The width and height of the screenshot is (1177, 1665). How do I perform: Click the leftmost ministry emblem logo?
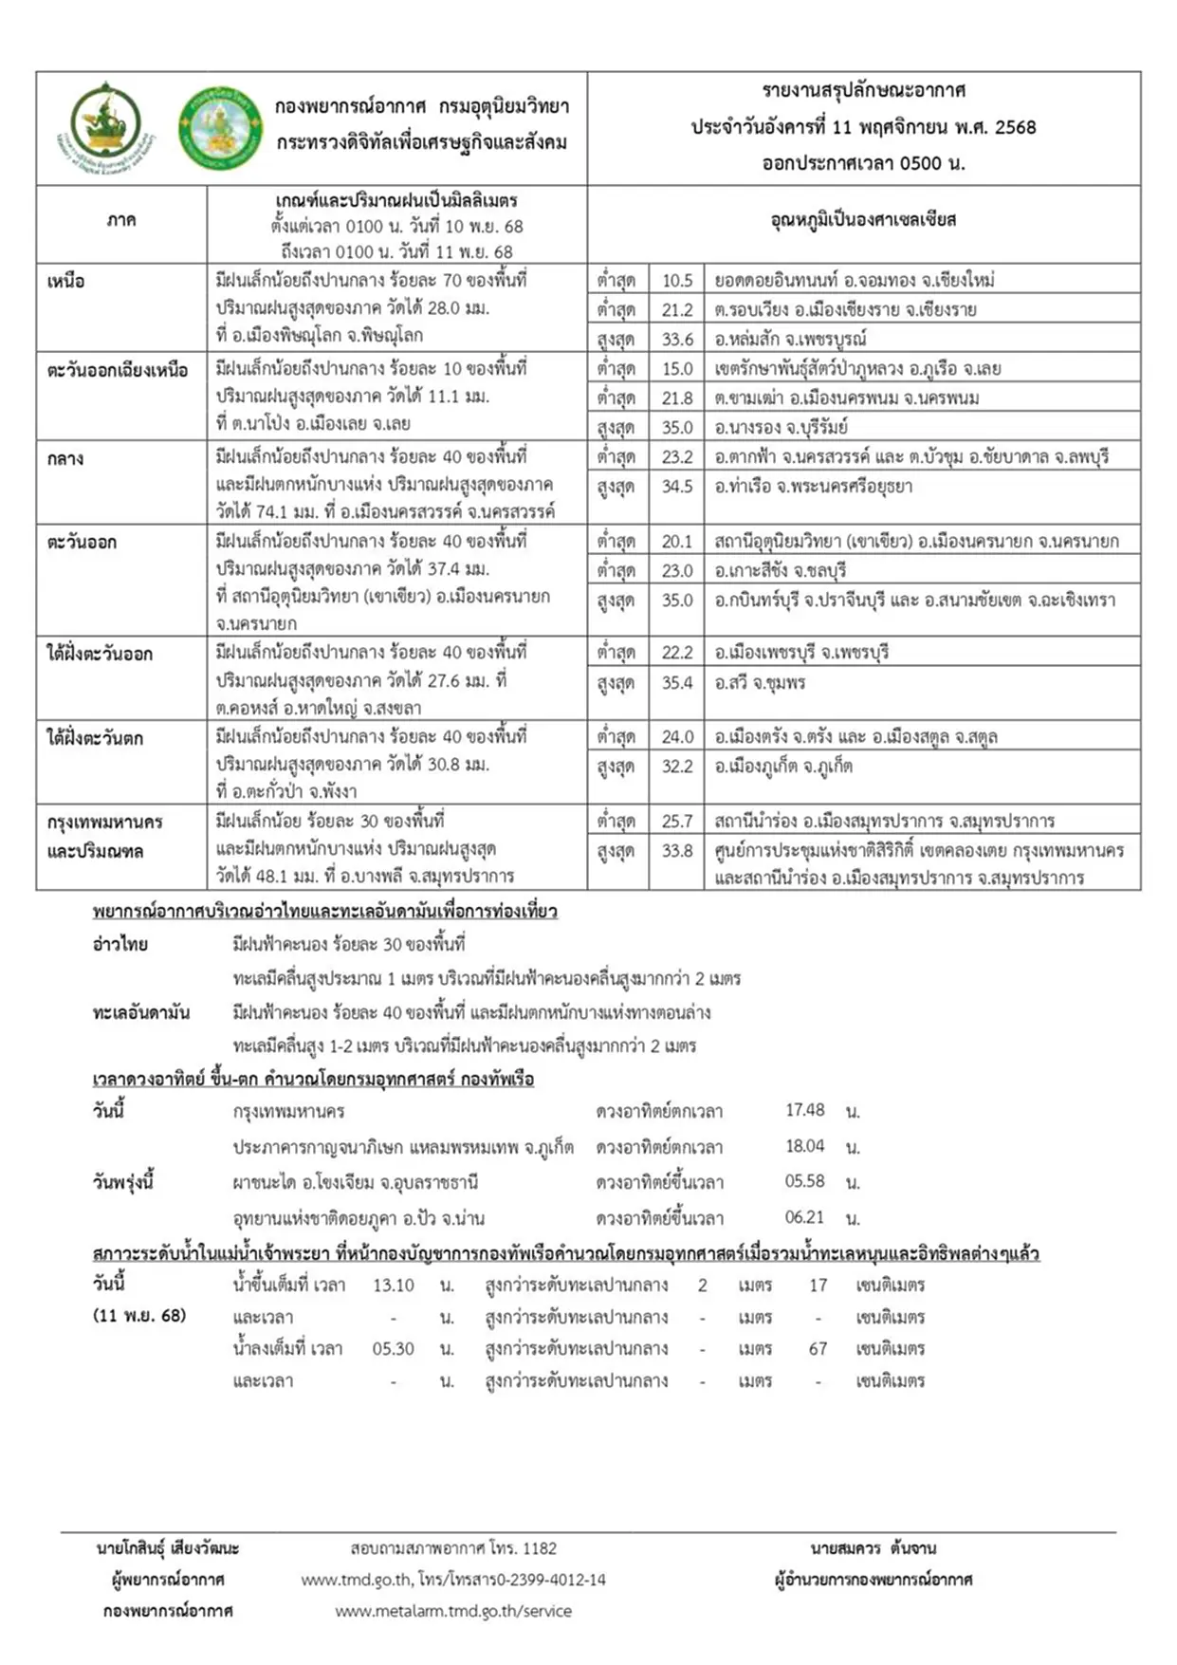[107, 127]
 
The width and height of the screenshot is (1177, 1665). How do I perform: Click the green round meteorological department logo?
[221, 128]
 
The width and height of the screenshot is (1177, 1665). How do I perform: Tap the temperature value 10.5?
[677, 280]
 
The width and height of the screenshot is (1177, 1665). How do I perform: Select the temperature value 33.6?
[677, 339]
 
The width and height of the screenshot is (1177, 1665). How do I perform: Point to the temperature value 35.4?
[677, 682]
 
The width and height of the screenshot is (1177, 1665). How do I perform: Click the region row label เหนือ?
[66, 281]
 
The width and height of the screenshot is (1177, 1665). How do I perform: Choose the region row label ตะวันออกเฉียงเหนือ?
[118, 370]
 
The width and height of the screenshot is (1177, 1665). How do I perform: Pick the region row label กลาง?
[65, 458]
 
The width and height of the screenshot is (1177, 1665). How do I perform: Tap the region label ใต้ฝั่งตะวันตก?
[95, 737]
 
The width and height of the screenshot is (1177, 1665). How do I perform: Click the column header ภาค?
[121, 220]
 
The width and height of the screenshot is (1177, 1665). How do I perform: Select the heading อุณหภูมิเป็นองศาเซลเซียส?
[863, 220]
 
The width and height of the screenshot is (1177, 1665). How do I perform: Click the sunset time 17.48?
[804, 1109]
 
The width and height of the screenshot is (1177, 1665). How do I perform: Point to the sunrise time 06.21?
[804, 1216]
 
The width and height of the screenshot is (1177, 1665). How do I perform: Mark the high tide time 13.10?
[393, 1285]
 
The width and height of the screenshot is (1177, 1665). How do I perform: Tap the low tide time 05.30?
[393, 1348]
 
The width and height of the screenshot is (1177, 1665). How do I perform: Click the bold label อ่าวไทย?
[120, 944]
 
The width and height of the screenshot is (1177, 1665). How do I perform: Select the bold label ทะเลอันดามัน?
[140, 1012]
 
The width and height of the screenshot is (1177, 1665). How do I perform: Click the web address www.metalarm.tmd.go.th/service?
[453, 1610]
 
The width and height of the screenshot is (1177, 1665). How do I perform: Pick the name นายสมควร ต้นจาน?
[873, 1548]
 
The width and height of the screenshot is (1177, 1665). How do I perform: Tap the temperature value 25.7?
[677, 821]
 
